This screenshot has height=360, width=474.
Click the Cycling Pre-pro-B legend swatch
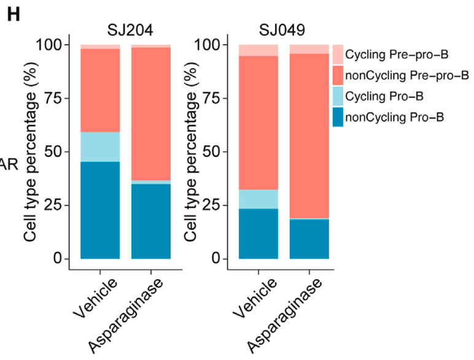pos(338,55)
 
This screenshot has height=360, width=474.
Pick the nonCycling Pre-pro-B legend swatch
pos(338,76)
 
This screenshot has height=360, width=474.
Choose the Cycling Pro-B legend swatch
pos(338,96)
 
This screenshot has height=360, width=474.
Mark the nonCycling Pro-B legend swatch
pos(338,117)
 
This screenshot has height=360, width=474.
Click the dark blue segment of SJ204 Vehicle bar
pos(100,210)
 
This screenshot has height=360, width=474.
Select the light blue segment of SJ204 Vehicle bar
pos(100,147)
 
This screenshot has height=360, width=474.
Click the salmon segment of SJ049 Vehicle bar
pos(258,123)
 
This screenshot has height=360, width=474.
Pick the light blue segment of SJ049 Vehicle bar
pos(258,199)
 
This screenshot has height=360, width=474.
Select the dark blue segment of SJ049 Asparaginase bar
pos(309,239)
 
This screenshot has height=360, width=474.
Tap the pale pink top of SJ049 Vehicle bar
pos(258,50)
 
